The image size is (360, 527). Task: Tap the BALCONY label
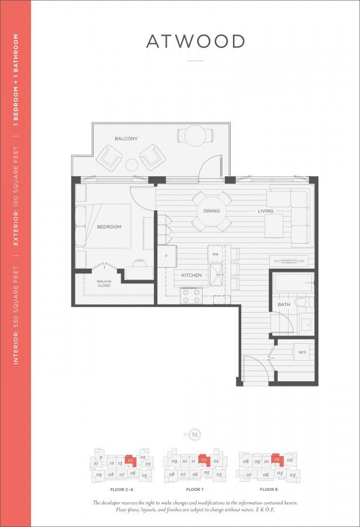(x=126, y=138)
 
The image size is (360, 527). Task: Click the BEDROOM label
(x=109, y=227)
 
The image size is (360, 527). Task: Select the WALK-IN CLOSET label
(x=104, y=283)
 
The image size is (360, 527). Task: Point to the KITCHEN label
(x=191, y=275)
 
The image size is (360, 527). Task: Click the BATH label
(x=283, y=304)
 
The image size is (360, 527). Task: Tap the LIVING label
(x=265, y=211)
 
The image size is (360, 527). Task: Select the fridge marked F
(x=167, y=256)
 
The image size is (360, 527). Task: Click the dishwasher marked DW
(x=215, y=254)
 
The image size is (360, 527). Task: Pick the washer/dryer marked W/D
(x=302, y=353)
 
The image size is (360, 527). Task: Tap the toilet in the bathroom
(x=300, y=303)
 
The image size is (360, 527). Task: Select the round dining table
(x=212, y=211)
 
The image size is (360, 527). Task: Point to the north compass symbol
(x=195, y=434)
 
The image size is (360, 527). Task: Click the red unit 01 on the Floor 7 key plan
(x=203, y=460)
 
